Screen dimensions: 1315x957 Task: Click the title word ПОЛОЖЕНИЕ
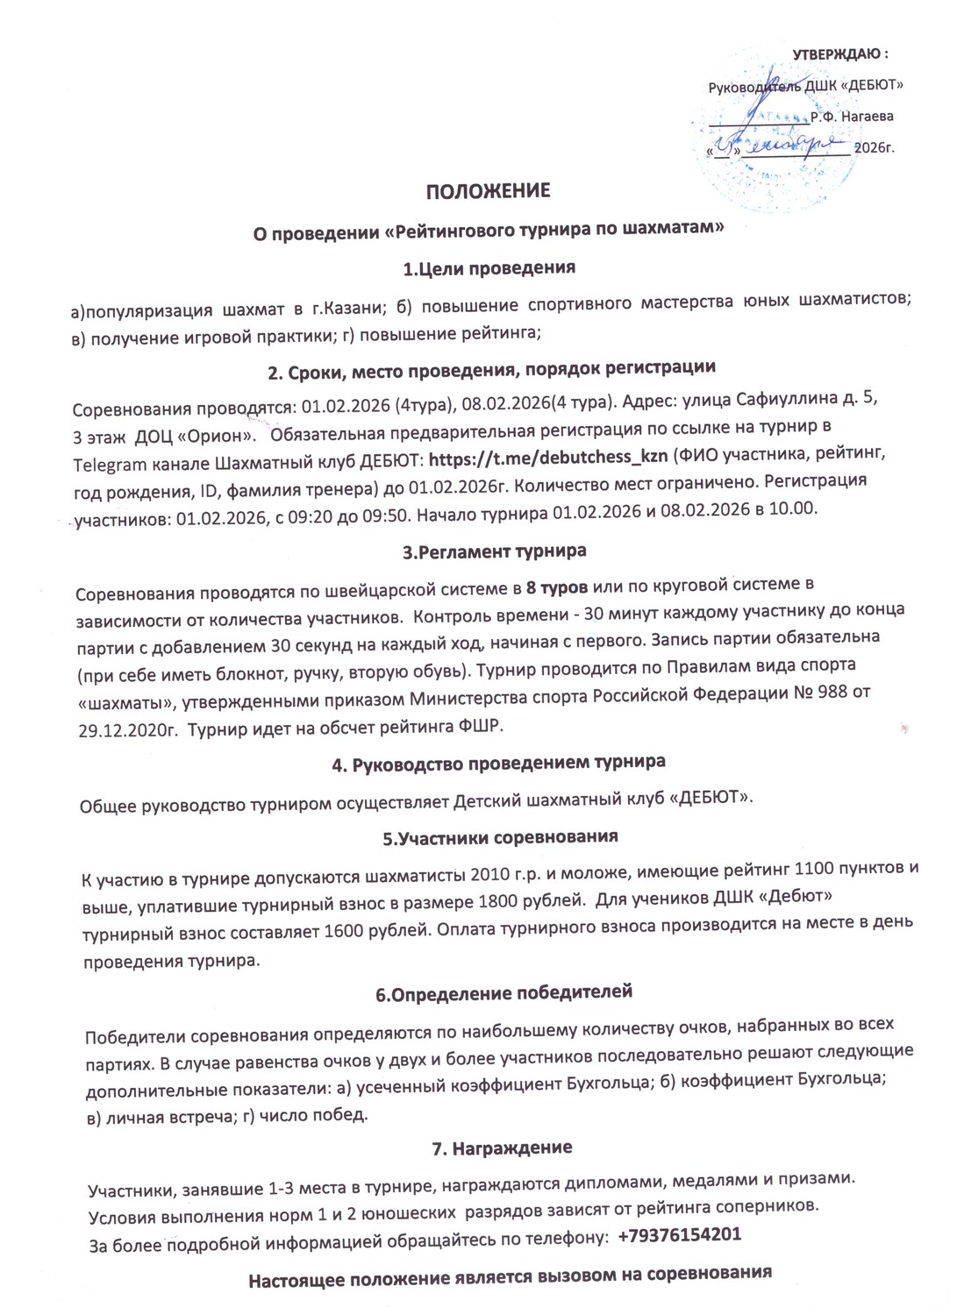488,191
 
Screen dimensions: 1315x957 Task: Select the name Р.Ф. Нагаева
852,116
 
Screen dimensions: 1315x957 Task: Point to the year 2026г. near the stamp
874,148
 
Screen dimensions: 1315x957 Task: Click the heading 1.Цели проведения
489,267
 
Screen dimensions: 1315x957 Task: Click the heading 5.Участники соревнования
500,837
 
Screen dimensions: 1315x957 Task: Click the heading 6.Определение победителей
503,994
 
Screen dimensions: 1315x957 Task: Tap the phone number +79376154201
680,1234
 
